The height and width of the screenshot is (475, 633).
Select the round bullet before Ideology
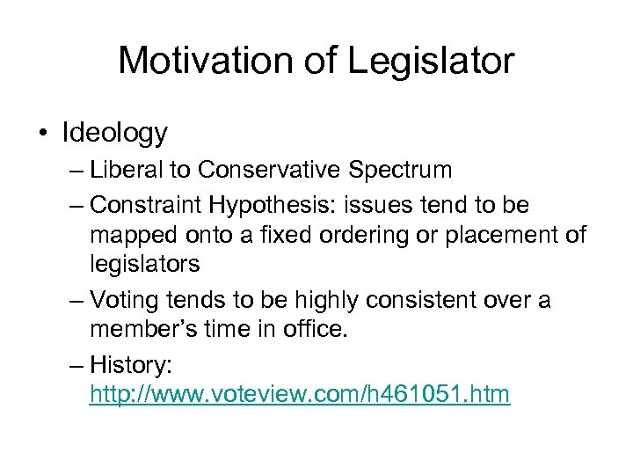[x=43, y=134]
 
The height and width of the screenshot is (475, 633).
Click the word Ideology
[x=114, y=133]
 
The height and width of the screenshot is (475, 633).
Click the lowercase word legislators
[x=144, y=264]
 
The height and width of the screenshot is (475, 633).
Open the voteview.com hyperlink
[x=299, y=394]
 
